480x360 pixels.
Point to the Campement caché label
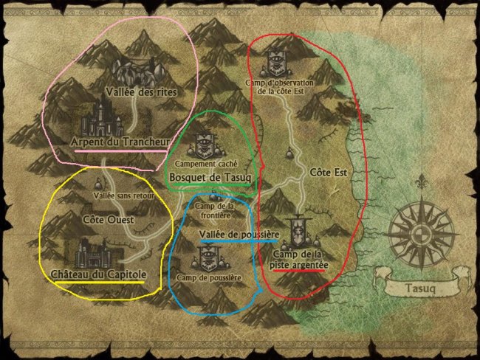(206, 164)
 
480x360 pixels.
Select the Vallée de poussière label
(238, 234)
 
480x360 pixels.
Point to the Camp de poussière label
(209, 277)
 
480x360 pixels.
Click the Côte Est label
(329, 172)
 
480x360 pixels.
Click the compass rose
(420, 226)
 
